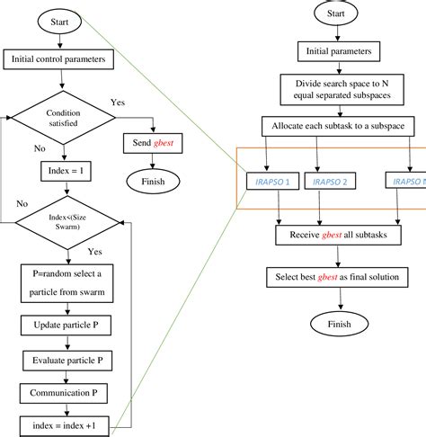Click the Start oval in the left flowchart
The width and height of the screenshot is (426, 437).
pyautogui.click(x=59, y=20)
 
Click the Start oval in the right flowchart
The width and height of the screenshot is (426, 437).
pyautogui.click(x=334, y=14)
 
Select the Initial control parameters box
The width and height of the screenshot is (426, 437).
pyautogui.click(x=60, y=60)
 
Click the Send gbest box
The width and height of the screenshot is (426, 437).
pyautogui.click(x=151, y=142)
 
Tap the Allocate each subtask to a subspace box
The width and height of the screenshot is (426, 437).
pyautogui.click(x=334, y=126)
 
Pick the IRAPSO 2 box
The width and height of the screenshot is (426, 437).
pyautogui.click(x=334, y=182)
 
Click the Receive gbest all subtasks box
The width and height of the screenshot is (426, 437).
pyautogui.click(x=334, y=236)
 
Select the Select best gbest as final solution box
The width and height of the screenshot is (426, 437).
pyautogui.click(x=334, y=277)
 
